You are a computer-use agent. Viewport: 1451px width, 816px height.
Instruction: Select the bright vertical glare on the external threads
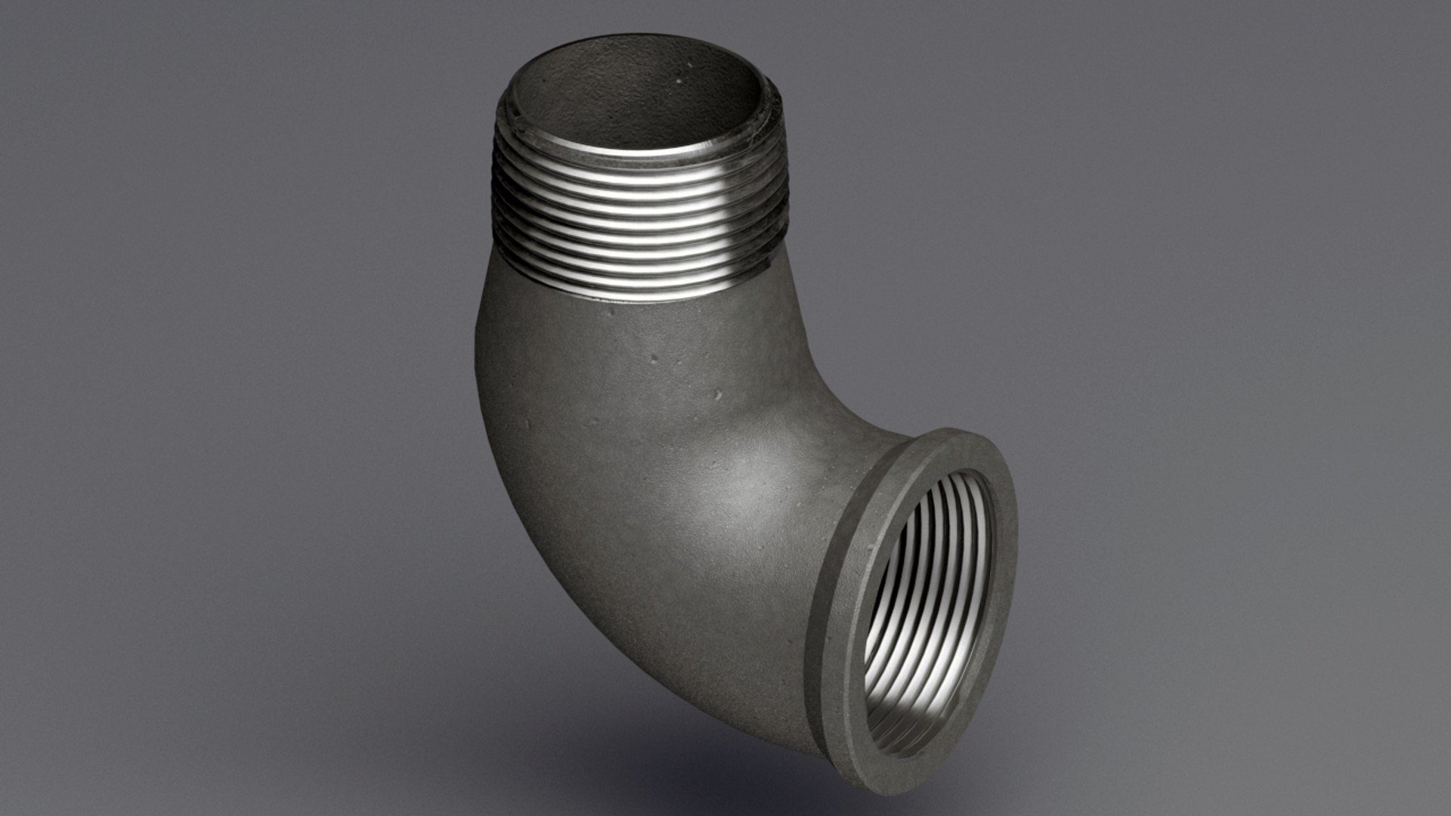click(x=722, y=227)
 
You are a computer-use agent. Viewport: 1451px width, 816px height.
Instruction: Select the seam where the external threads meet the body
click(x=635, y=302)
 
